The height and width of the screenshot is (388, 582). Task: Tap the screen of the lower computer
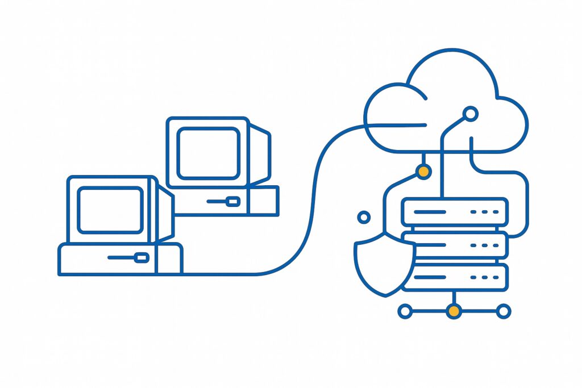110,210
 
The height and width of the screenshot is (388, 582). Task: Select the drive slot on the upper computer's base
232,201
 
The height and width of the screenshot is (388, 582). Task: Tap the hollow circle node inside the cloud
470,114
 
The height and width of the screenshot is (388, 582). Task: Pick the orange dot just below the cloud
423,171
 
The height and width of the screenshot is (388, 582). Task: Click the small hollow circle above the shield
364,217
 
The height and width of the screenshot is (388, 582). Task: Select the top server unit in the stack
454,211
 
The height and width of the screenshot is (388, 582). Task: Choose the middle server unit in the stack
454,245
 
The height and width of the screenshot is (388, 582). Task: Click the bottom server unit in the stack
454,277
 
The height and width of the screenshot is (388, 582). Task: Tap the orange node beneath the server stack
454,311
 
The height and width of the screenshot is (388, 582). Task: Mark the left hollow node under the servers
405,311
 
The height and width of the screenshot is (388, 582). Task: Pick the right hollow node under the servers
503,311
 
